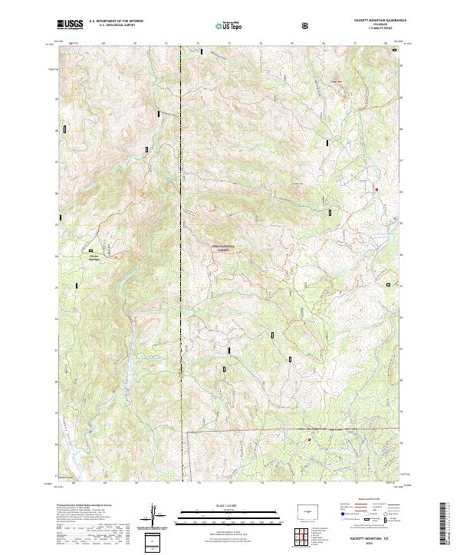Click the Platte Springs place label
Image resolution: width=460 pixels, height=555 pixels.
point(94,257)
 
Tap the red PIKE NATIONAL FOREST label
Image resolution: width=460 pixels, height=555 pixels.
point(222,247)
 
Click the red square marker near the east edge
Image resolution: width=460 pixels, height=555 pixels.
point(376,189)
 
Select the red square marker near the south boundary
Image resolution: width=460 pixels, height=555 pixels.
point(309,439)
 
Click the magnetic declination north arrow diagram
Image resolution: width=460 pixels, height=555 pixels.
point(156,515)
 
